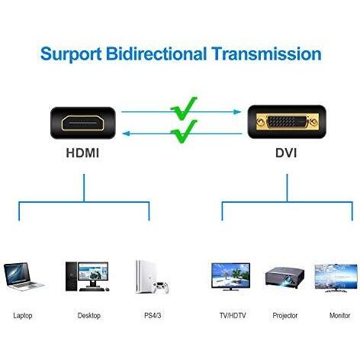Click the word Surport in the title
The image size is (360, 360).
point(71,54)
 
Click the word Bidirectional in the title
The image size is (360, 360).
point(156,53)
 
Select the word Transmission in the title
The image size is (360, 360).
point(267,53)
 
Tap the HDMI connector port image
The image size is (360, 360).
point(83,123)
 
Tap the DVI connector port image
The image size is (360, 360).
point(287,122)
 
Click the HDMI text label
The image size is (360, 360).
point(82,153)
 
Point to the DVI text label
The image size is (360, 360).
point(286,153)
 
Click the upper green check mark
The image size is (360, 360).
point(184,109)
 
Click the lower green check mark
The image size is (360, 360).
point(184,132)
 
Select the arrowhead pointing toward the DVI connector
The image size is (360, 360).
point(237,112)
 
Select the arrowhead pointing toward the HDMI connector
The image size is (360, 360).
point(127,133)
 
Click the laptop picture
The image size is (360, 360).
point(24,277)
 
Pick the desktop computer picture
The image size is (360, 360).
point(87,276)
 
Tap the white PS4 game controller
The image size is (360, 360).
point(160,287)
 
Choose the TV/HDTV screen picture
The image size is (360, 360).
point(230,277)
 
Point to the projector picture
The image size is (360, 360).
point(284,278)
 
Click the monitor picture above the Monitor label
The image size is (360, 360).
point(336,278)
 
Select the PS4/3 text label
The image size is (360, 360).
point(153,316)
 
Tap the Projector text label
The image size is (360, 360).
point(284,316)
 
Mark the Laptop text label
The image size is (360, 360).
point(23,316)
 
